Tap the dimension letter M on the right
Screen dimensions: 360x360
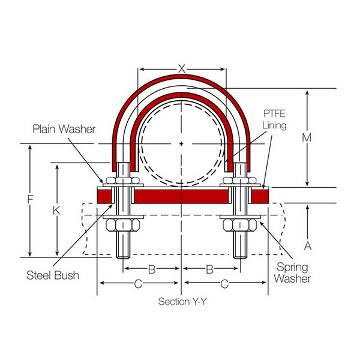point(307,137)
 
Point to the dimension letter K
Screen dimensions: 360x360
point(57,210)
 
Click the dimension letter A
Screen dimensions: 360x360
point(307,246)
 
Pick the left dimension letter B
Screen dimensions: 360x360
point(152,269)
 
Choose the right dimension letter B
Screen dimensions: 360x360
point(210,269)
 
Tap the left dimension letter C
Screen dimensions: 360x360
point(138,283)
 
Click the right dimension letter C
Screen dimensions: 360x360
point(224,283)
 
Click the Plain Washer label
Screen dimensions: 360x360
point(64,128)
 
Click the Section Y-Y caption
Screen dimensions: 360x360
point(182,301)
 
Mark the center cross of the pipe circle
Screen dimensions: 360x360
point(182,144)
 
